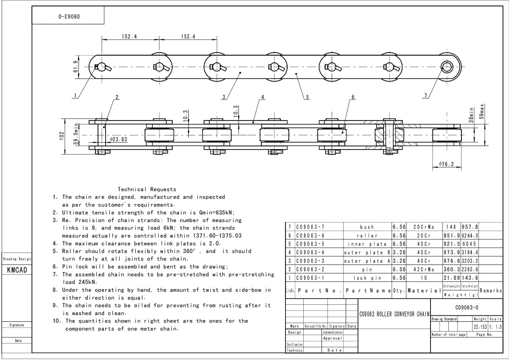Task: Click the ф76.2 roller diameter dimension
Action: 447,164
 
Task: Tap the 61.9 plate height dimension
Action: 76,67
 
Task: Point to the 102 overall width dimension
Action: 62,136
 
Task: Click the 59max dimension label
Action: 481,111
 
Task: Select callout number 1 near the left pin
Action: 76,96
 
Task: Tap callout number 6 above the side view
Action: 353,97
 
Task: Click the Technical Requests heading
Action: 147,189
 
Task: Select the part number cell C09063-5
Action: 310,244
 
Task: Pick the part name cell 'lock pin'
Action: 367,278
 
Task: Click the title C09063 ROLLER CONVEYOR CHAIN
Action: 394,314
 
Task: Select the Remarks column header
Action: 491,291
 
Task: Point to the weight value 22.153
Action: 480,326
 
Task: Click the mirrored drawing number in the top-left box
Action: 69,18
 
